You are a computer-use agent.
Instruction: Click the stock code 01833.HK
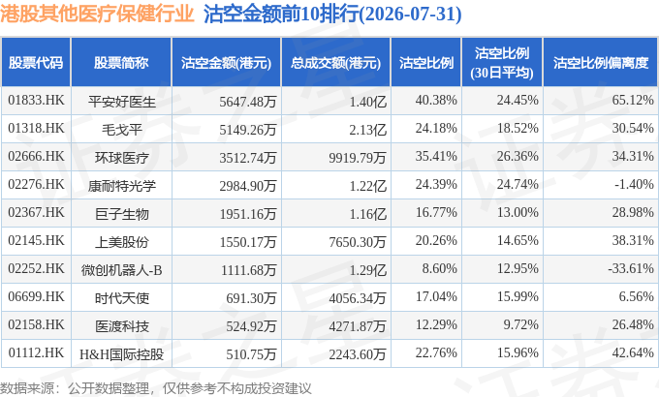coord(36,101)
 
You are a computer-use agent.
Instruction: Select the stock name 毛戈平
coord(122,130)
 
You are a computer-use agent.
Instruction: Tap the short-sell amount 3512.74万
coord(247,158)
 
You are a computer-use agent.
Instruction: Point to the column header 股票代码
coord(36,63)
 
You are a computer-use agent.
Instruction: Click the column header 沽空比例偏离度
coord(601,63)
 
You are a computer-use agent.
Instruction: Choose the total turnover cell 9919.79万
coord(358,158)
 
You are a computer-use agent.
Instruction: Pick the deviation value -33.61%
coord(631,268)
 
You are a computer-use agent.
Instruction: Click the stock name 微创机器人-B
coord(122,270)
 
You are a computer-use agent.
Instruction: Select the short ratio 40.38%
coord(436,100)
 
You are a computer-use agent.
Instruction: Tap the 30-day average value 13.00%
coord(518,212)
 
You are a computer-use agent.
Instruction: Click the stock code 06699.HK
coord(36,296)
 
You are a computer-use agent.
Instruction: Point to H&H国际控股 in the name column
coord(122,354)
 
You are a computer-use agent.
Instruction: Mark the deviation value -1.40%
coord(634,184)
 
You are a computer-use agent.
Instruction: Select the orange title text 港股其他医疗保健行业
coord(97,14)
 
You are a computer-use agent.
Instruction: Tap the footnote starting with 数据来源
coord(156,387)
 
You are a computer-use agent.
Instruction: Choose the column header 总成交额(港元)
coord(336,63)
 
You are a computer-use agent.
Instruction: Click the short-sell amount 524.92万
coord(251,326)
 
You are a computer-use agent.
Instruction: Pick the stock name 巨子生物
coord(122,214)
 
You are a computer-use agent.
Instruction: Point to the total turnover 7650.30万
coord(358,242)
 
